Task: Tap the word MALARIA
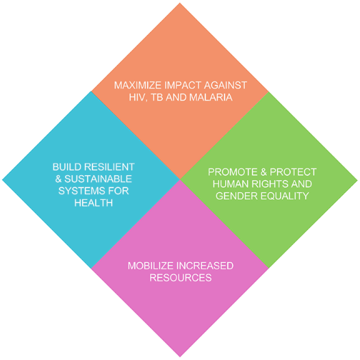click(211, 97)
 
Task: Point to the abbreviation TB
click(157, 97)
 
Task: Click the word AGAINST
click(225, 86)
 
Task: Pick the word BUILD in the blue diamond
click(67, 167)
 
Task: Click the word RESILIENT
click(110, 167)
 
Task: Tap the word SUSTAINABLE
click(98, 179)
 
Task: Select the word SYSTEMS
click(80, 191)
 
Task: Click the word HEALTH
click(94, 203)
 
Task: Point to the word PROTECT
click(293, 172)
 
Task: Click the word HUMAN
click(231, 184)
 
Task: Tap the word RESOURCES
click(181, 278)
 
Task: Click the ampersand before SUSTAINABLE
click(58, 179)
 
